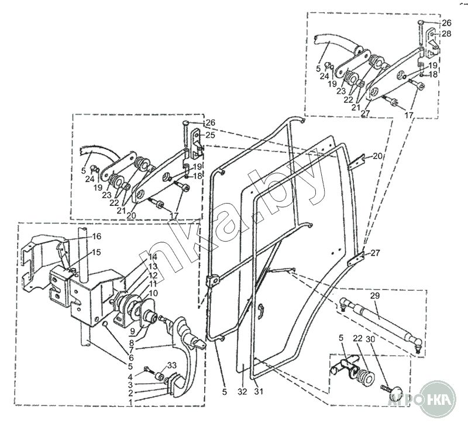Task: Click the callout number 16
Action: coord(97,236)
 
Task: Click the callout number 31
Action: coord(258,391)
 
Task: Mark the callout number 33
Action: coord(172,366)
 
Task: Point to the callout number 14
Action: coord(152,257)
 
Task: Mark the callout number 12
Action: coord(152,275)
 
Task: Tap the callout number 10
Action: coord(152,293)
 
